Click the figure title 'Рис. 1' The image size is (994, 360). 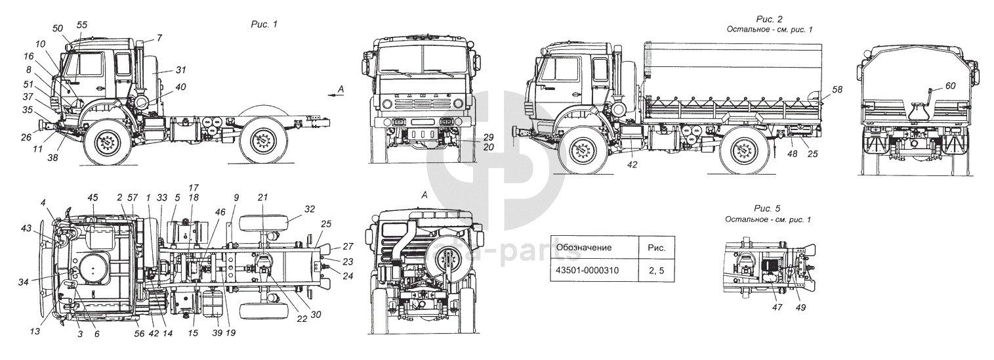pyautogui.click(x=265, y=24)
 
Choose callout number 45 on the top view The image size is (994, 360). pyautogui.click(x=93, y=197)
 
